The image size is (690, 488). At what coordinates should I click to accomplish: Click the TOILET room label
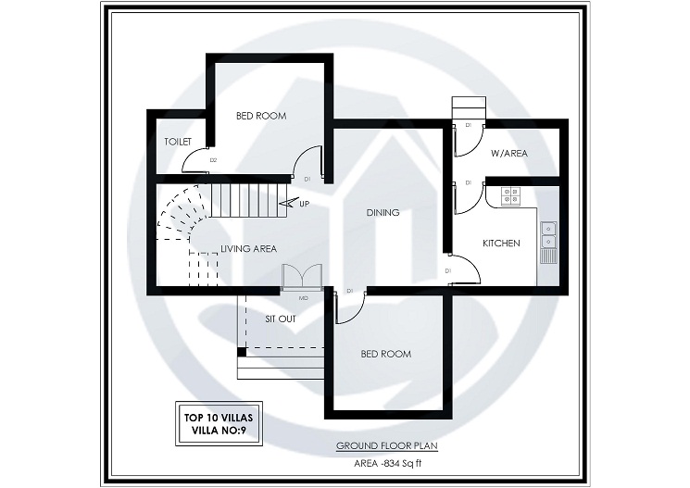pyautogui.click(x=177, y=142)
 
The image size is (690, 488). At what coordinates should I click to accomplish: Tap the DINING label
pyautogui.click(x=383, y=213)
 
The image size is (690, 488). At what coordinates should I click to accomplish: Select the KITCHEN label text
pyautogui.click(x=501, y=244)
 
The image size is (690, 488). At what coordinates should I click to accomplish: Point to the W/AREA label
pyautogui.click(x=508, y=154)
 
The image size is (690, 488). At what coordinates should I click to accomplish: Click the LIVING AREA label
pyautogui.click(x=248, y=248)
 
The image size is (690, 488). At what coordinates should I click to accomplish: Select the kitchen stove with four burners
pyautogui.click(x=511, y=195)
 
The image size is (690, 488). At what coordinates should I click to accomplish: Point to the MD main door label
pyautogui.click(x=303, y=298)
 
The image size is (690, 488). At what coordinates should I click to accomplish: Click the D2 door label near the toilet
pyautogui.click(x=213, y=161)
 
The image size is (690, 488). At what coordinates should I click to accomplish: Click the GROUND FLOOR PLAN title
pyautogui.click(x=386, y=446)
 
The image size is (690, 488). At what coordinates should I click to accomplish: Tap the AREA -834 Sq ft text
pyautogui.click(x=386, y=463)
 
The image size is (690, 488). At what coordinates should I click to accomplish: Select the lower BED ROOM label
pyautogui.click(x=385, y=355)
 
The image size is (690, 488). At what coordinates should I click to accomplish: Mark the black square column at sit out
pyautogui.click(x=242, y=351)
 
